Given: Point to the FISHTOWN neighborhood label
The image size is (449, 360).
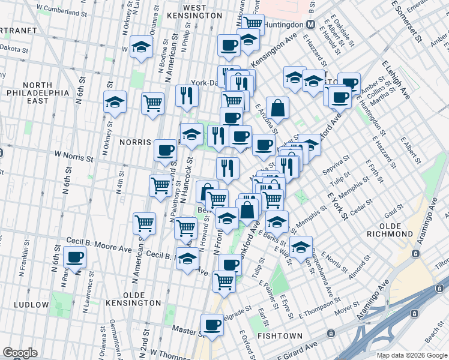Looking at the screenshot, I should click(x=274, y=336).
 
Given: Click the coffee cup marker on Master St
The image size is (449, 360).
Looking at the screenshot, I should click(x=212, y=325).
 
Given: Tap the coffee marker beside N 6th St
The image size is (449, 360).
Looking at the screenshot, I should click(x=75, y=258).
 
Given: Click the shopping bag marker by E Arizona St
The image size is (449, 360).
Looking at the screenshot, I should click(x=277, y=109).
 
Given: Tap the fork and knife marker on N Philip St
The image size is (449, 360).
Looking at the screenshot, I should click(x=187, y=95).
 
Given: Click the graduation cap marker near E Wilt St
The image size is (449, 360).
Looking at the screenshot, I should click(x=301, y=247).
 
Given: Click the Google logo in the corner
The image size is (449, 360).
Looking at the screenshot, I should click(x=20, y=353).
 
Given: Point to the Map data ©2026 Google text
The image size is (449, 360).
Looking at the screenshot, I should click(x=411, y=355).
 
